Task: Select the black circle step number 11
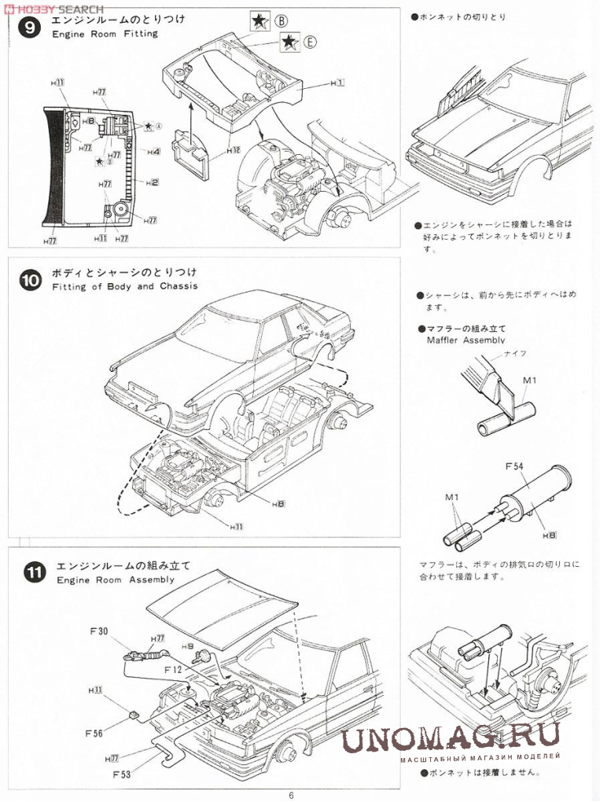tap(32, 573)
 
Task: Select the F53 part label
tap(122, 774)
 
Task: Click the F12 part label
tap(175, 669)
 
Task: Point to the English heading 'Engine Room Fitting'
tap(105, 34)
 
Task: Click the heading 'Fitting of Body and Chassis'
tap(125, 286)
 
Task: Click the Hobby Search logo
tap(53, 7)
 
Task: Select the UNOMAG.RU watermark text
tap(451, 735)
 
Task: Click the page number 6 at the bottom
tap(291, 795)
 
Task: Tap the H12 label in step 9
tap(232, 149)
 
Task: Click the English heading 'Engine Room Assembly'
tap(115, 579)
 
